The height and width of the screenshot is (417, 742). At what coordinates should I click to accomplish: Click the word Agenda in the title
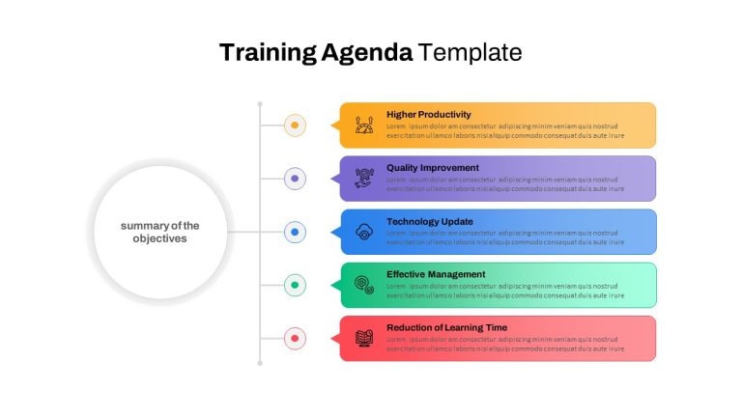[x=367, y=53]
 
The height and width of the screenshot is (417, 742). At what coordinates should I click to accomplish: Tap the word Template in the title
[x=470, y=52]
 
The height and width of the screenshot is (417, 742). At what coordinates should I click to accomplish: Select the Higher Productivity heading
[x=429, y=115]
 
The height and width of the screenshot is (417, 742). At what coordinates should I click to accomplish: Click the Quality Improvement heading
[x=433, y=168]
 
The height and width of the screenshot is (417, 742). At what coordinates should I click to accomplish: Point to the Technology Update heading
[x=430, y=221]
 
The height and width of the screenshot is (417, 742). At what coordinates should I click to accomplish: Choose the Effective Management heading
[x=436, y=274]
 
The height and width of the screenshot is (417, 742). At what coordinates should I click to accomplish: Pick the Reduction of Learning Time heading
[x=446, y=327]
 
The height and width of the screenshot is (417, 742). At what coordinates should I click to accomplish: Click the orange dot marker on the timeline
[x=295, y=125]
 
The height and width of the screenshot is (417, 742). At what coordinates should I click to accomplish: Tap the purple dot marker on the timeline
[x=295, y=179]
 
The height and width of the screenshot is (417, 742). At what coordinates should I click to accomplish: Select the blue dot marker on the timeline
[x=295, y=232]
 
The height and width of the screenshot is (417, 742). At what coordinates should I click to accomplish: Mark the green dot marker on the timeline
[x=295, y=285]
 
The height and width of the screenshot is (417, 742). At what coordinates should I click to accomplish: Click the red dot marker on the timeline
[x=295, y=339]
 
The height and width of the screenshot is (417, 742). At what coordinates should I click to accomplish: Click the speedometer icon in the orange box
[x=364, y=125]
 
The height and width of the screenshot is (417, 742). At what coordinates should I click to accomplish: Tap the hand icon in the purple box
[x=364, y=179]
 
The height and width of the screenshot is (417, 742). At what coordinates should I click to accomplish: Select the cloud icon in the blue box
[x=364, y=232]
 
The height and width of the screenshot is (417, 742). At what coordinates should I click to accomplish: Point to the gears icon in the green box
[x=364, y=285]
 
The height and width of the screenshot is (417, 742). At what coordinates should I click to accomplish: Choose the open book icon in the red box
[x=364, y=339]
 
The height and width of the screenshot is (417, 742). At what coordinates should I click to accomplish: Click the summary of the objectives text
[x=160, y=232]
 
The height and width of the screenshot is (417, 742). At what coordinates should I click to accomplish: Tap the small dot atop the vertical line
[x=260, y=104]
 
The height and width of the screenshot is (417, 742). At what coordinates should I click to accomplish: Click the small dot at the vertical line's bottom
[x=260, y=363]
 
